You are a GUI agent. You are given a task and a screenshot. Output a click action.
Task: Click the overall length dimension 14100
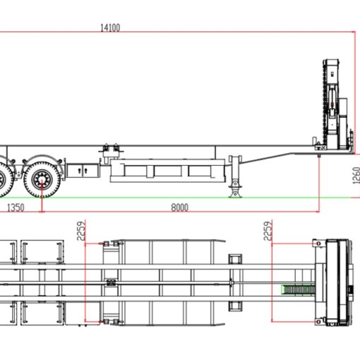click(111, 28)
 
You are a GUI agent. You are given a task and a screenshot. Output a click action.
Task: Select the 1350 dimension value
click(16, 208)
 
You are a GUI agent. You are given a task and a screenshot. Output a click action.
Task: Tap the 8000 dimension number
click(181, 208)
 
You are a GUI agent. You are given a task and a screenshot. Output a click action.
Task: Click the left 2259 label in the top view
click(81, 231)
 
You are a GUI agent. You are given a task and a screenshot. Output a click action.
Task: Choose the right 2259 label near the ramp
click(267, 231)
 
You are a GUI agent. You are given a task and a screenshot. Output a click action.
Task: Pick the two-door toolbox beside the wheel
click(83, 170)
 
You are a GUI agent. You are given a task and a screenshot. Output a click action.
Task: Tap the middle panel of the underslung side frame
click(169, 171)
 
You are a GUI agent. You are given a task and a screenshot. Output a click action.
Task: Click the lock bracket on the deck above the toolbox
click(109, 152)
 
